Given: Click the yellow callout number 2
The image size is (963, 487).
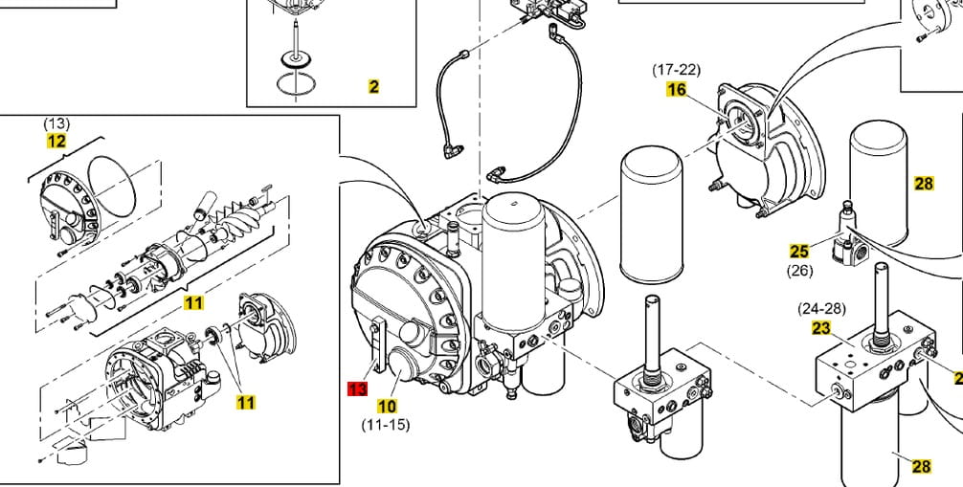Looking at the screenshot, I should click(373, 86).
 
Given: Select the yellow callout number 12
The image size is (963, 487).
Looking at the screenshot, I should click(57, 141).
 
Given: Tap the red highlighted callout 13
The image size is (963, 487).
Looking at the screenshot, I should click(357, 388).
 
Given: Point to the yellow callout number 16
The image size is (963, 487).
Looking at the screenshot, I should click(677, 89).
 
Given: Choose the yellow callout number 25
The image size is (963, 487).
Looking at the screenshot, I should click(799, 252).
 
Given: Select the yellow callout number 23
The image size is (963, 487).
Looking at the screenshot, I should click(821, 328).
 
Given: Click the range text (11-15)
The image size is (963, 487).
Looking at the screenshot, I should click(386, 424).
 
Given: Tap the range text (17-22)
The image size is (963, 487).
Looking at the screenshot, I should click(677, 70).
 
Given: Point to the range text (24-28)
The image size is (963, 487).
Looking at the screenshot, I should click(822, 309).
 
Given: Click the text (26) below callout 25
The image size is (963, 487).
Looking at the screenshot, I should click(799, 270).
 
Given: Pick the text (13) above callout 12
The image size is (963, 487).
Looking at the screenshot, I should click(56, 123).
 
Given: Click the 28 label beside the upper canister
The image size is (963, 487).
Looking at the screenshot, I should click(924, 184).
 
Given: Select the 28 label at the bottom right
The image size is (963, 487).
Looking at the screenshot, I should click(921, 466).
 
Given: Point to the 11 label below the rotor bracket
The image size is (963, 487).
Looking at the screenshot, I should click(194, 304).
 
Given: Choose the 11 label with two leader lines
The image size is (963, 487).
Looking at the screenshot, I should click(246, 402).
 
